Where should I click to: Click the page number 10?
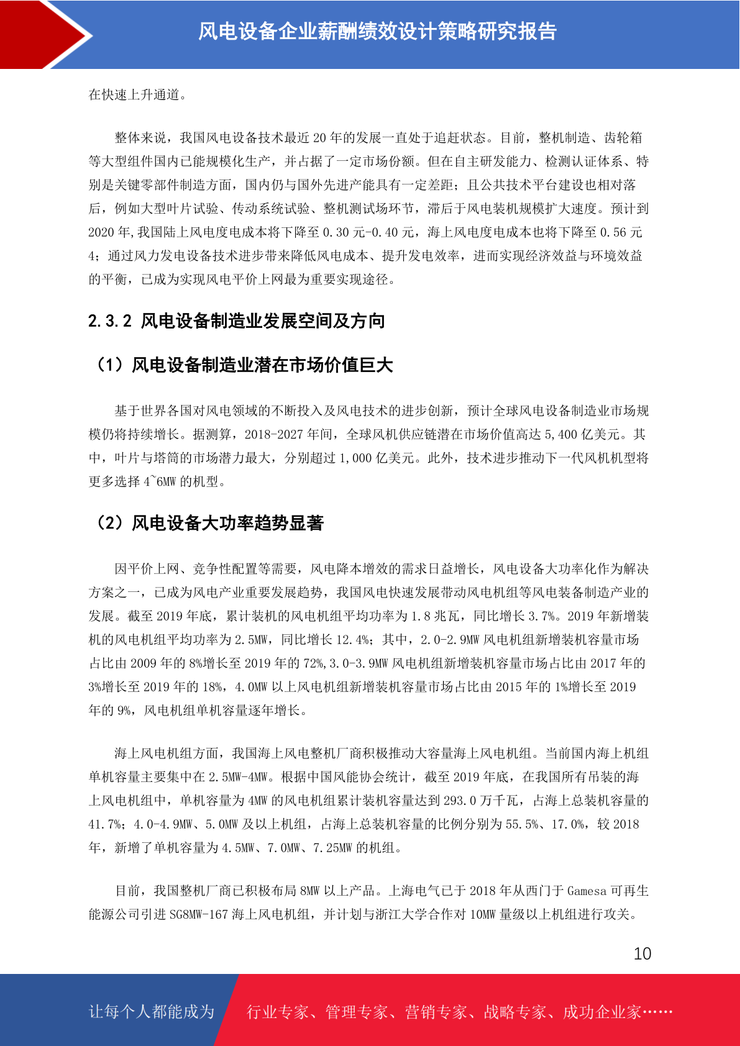coord(642,954)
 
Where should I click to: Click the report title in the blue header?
coord(377,32)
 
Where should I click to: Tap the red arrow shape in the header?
coord(43,34)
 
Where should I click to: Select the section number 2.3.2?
coord(110,321)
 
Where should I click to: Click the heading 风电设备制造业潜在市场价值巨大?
coord(262,365)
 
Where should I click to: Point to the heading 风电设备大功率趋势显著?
coord(227,524)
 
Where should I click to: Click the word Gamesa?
coord(586,891)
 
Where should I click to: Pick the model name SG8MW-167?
coord(199,914)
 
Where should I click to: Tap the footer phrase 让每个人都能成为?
coord(152,1012)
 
